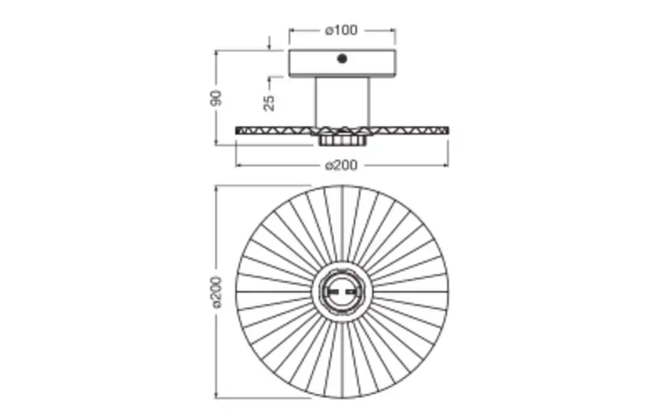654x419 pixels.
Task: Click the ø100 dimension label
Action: click(341, 30)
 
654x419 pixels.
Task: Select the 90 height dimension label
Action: click(216, 98)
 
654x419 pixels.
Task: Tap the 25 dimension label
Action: click(269, 103)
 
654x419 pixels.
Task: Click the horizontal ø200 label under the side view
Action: click(341, 165)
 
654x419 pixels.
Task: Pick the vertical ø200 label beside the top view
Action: click(216, 292)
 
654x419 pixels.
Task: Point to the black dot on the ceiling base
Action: click(342, 59)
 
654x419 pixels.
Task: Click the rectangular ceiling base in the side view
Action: click(342, 63)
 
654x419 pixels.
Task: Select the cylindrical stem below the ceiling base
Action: click(342, 102)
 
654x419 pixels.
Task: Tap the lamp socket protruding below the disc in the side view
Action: click(342, 139)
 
